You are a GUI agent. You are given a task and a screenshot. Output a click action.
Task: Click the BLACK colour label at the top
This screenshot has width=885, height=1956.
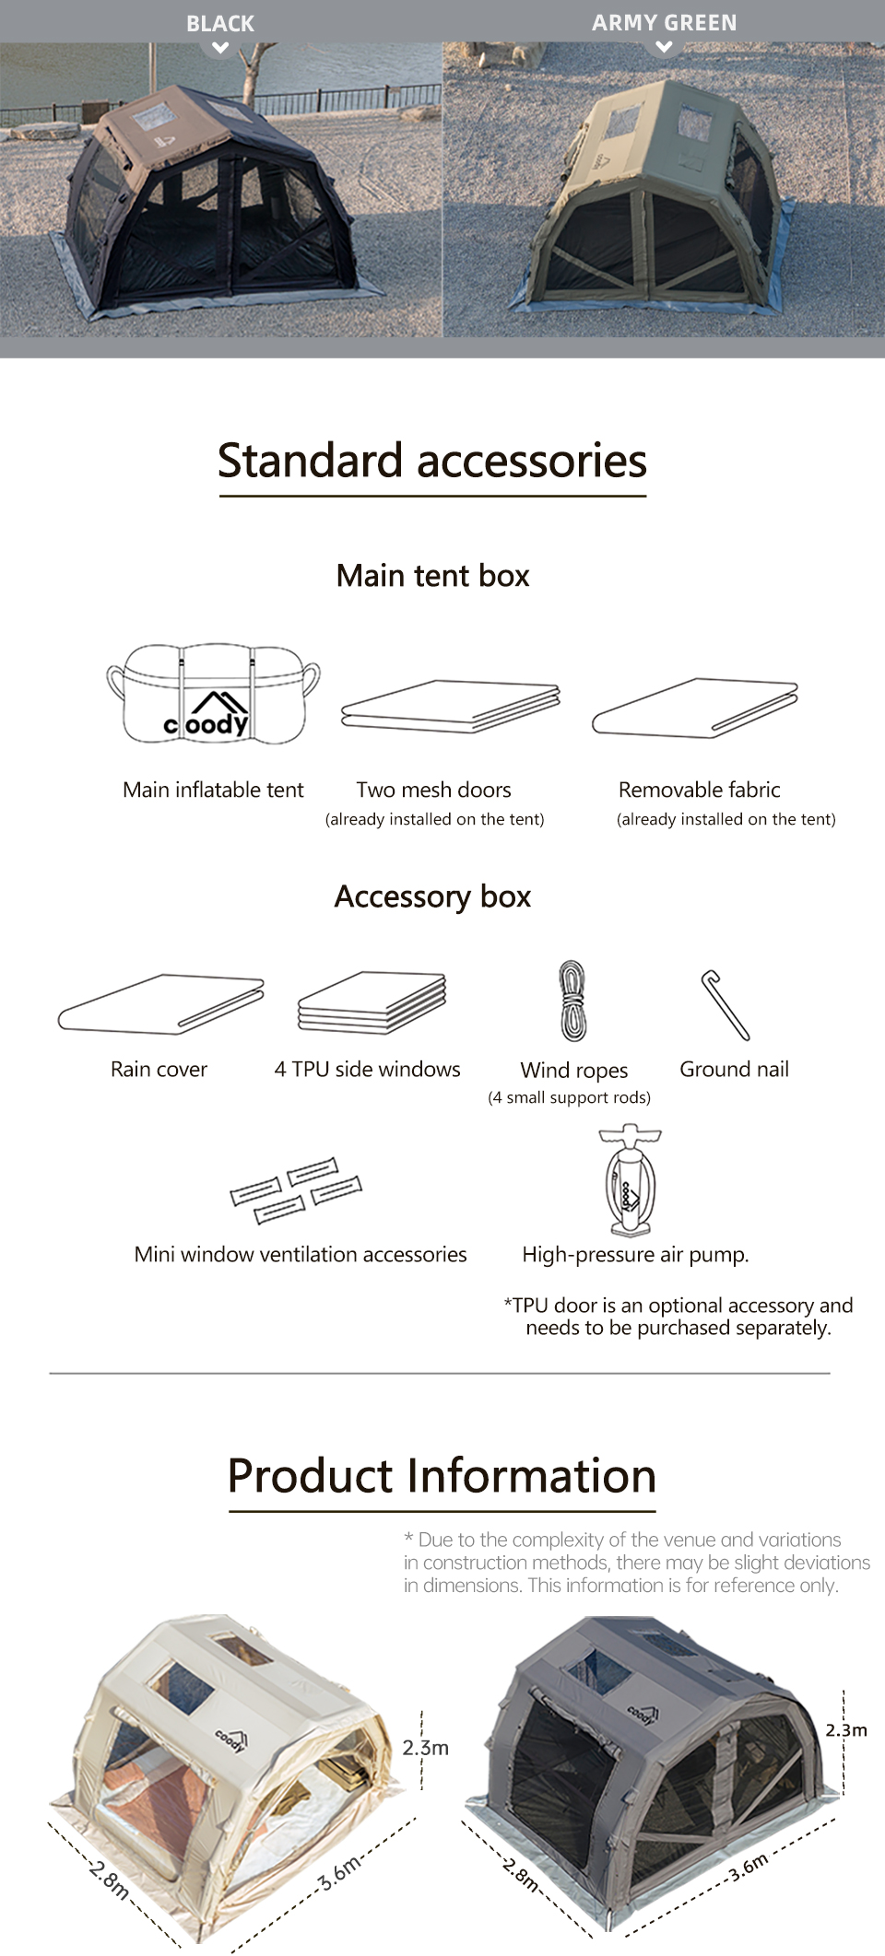220,24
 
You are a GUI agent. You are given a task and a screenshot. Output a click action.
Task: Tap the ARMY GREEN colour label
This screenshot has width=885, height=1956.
665,23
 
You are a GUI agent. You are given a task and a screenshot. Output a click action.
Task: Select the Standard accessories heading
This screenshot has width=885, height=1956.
432,461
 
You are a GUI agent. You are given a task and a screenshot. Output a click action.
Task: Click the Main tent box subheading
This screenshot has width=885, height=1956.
432,576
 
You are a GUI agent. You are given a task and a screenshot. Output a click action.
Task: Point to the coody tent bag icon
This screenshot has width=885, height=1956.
213,693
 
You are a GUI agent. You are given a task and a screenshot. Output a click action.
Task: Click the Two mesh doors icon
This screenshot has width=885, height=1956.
451,707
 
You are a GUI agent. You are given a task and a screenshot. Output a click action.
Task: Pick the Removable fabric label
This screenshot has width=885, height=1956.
700,790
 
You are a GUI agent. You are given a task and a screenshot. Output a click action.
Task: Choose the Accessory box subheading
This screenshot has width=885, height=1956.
432,896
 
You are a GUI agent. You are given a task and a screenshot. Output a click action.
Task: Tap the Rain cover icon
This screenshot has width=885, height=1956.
160,1003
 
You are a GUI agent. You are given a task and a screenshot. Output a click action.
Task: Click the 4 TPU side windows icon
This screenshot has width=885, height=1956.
372,1001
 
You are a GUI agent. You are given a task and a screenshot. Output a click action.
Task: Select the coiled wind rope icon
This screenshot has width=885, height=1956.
572,1001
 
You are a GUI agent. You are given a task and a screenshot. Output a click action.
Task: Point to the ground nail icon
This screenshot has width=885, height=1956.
725,1005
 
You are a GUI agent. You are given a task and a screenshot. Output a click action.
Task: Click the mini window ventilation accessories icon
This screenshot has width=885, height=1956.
296,1190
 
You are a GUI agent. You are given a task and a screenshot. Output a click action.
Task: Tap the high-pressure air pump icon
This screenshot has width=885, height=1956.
630,1179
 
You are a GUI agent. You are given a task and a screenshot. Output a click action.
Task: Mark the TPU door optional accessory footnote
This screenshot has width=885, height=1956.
678,1317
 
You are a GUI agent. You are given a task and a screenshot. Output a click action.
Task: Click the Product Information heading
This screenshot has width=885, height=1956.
442,1476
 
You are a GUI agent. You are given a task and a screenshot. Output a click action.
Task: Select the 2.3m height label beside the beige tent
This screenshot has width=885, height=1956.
426,1748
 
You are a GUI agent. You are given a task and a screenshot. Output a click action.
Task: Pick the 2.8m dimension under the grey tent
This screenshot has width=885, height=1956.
522,1875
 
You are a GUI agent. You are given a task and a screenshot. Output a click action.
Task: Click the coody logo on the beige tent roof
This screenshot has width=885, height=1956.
231,1739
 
